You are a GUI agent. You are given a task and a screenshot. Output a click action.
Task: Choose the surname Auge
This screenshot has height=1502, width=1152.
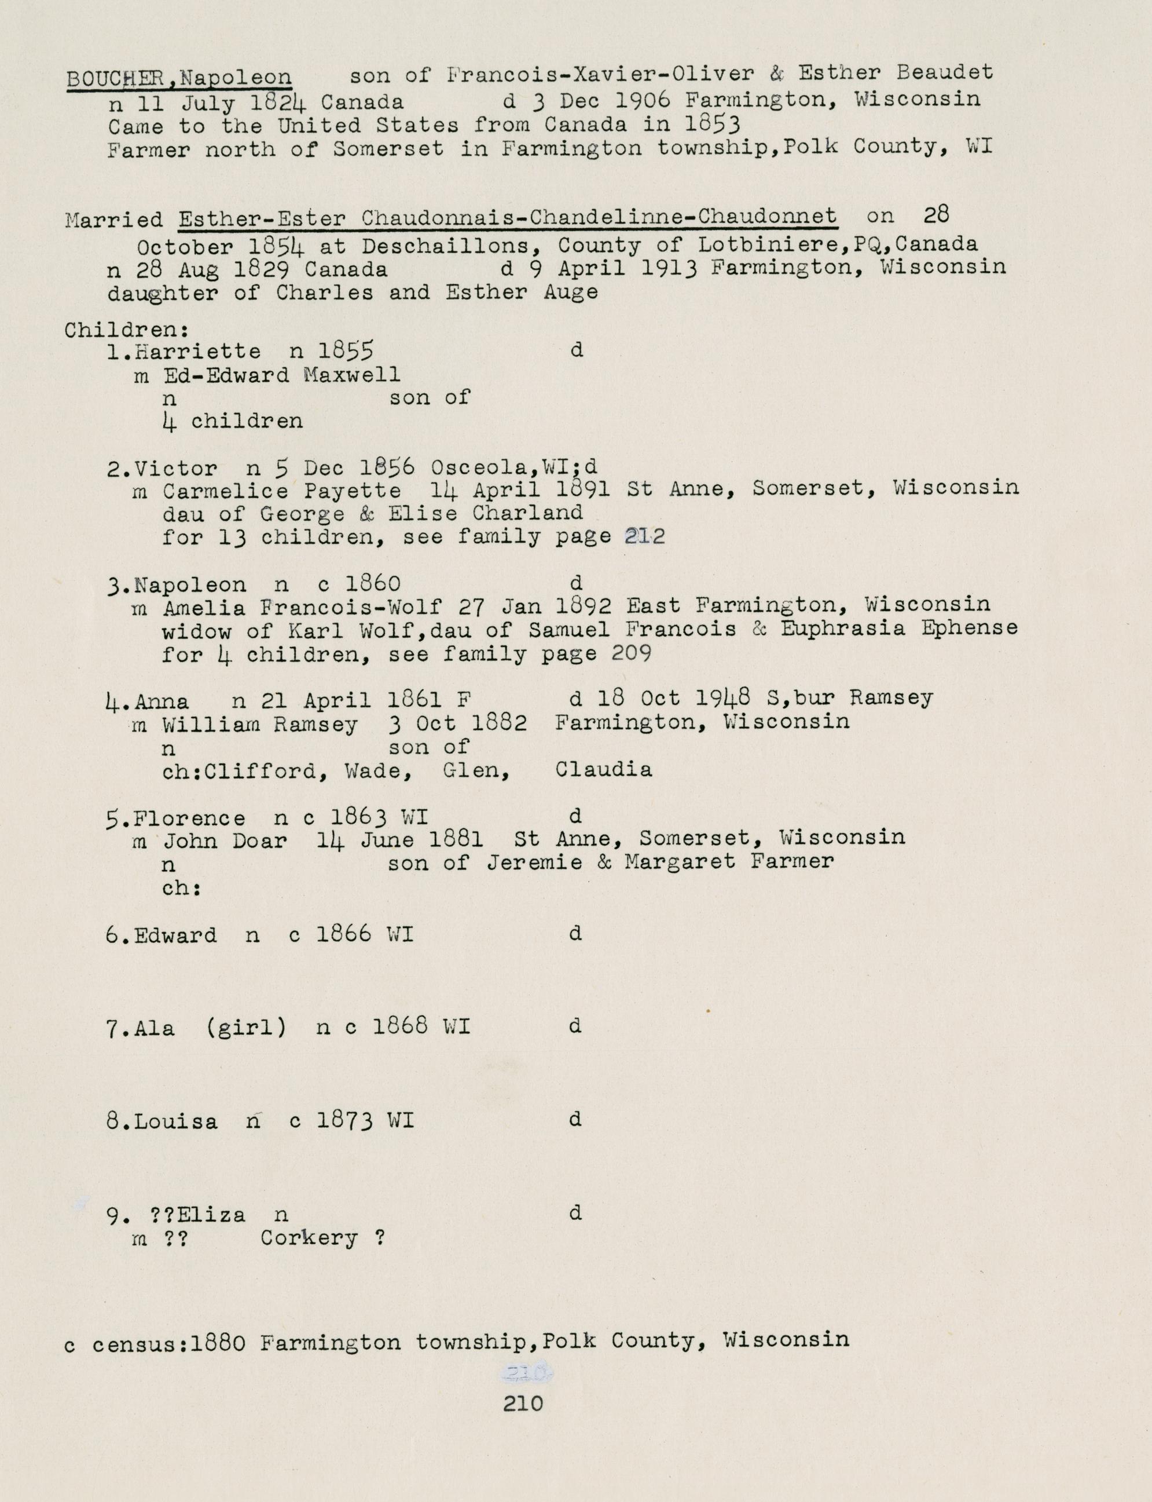click(x=569, y=293)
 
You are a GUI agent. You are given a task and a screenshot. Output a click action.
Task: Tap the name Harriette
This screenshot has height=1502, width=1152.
click(x=197, y=352)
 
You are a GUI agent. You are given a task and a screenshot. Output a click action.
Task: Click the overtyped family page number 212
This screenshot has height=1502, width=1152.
click(x=644, y=536)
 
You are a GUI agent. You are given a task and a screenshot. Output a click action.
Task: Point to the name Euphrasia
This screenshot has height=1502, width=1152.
click(x=843, y=628)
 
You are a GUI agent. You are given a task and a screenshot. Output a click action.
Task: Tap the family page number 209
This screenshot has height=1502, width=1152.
click(x=630, y=653)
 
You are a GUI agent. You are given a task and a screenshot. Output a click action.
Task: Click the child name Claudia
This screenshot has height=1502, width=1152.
click(x=603, y=770)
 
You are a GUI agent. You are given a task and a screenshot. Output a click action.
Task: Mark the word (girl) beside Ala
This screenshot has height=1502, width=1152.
click(x=245, y=1028)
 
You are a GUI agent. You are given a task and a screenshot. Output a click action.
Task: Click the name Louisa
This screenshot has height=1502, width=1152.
click(x=176, y=1122)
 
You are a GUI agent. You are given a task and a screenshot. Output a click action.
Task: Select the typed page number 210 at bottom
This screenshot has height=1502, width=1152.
click(x=523, y=1403)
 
